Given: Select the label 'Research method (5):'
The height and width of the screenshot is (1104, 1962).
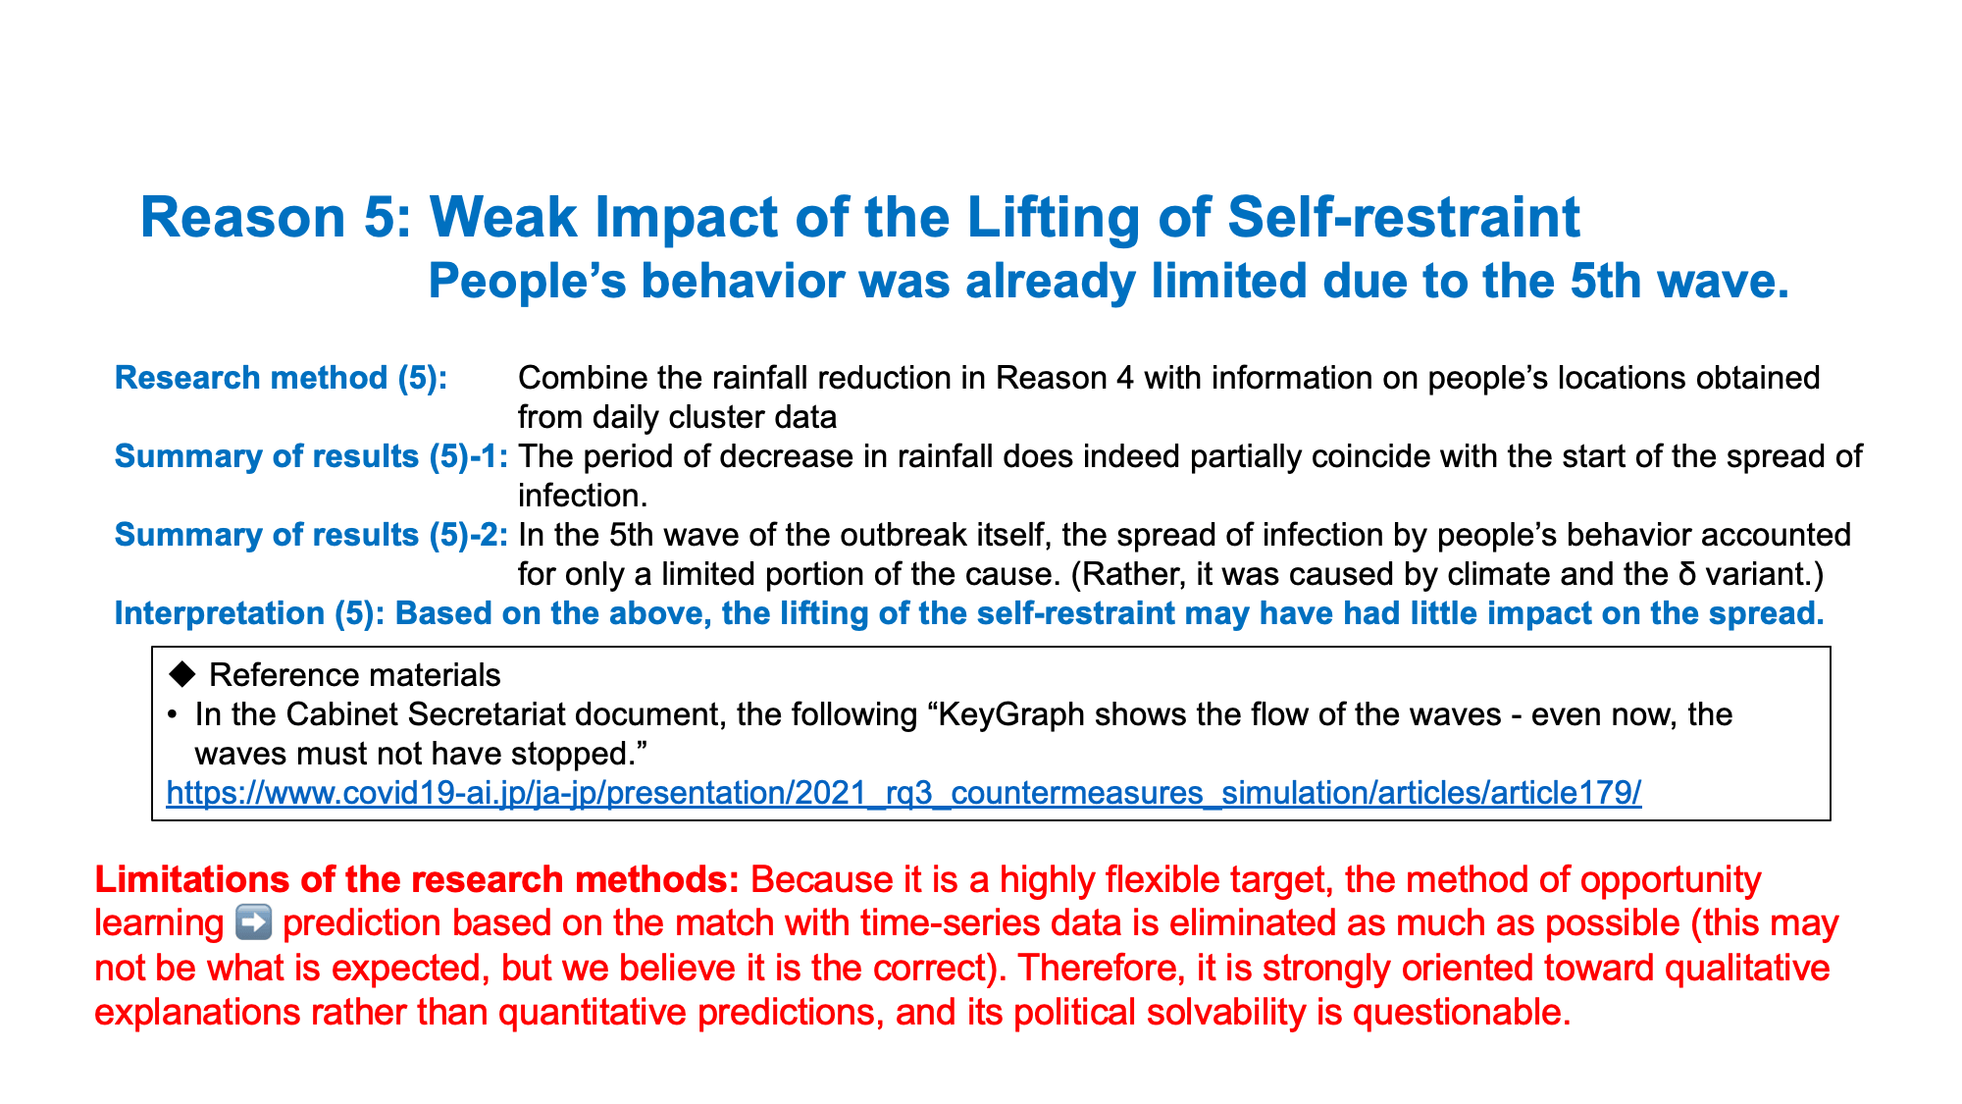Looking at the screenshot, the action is point(282,378).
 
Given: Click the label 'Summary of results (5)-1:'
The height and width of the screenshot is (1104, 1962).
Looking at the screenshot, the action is point(311,456).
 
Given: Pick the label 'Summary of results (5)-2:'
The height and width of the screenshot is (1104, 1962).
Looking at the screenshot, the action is point(311,535).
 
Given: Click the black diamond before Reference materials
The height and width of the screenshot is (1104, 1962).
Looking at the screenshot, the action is point(182,674).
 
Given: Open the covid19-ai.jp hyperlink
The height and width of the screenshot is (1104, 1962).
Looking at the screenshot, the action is point(904,793).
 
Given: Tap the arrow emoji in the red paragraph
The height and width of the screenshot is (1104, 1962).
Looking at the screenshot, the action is point(254,923).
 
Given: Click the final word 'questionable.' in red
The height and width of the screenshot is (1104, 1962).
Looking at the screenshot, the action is point(1462,1012).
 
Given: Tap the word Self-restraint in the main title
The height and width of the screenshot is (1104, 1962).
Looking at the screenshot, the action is point(1404,217).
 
